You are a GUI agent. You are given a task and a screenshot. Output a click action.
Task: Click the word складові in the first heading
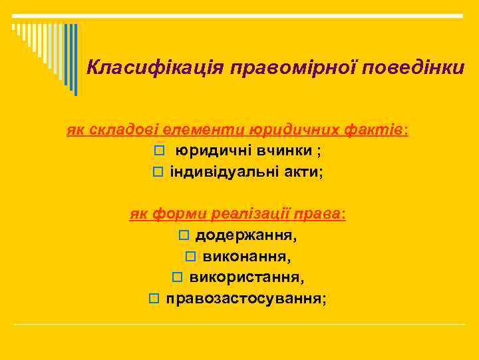tap(123, 129)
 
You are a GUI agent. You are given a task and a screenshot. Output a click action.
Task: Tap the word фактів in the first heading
tap(375, 129)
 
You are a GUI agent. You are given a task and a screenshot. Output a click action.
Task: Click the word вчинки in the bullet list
tap(283, 151)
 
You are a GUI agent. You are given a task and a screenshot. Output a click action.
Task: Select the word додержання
tap(245, 235)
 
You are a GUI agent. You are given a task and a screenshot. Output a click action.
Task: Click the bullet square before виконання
tap(190, 257)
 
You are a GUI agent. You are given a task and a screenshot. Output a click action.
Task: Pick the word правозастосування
tap(245, 299)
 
